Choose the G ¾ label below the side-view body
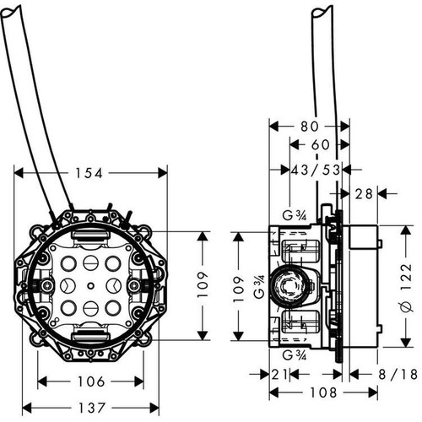(295, 355)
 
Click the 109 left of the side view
(239, 285)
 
